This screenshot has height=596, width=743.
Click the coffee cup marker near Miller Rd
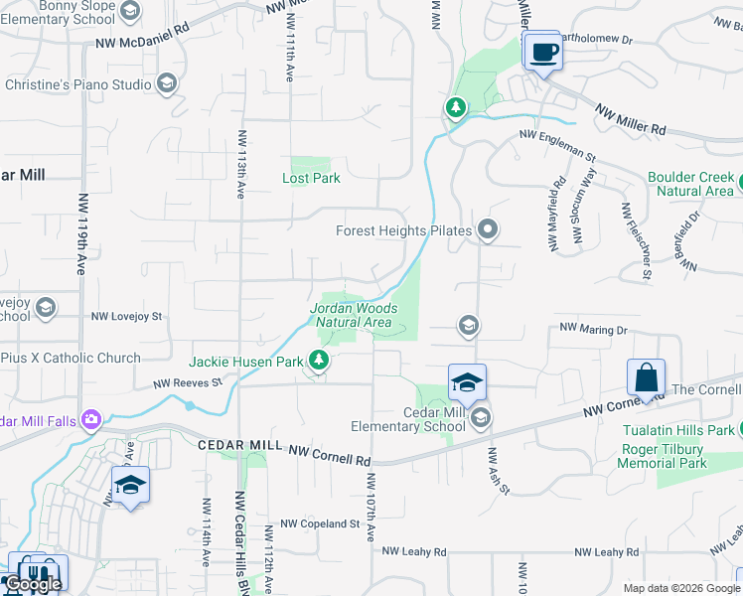(542, 52)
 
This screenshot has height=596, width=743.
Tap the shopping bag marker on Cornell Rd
(645, 378)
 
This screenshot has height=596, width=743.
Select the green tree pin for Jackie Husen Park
(319, 361)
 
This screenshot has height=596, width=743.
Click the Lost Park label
(311, 178)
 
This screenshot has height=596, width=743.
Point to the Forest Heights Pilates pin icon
(487, 230)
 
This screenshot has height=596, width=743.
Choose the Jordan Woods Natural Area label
(354, 315)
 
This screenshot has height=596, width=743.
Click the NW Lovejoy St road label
(126, 316)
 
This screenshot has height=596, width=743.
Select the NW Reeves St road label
(187, 382)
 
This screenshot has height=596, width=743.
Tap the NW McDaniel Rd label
(138, 43)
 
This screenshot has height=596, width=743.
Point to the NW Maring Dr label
(594, 328)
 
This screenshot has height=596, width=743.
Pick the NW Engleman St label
(556, 146)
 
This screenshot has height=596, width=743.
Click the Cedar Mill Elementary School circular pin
(481, 416)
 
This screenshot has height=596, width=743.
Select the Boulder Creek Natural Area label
(690, 184)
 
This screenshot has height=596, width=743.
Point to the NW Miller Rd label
(630, 121)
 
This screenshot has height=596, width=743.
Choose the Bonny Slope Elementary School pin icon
(128, 11)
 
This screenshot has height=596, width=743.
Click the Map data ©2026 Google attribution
(681, 588)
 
